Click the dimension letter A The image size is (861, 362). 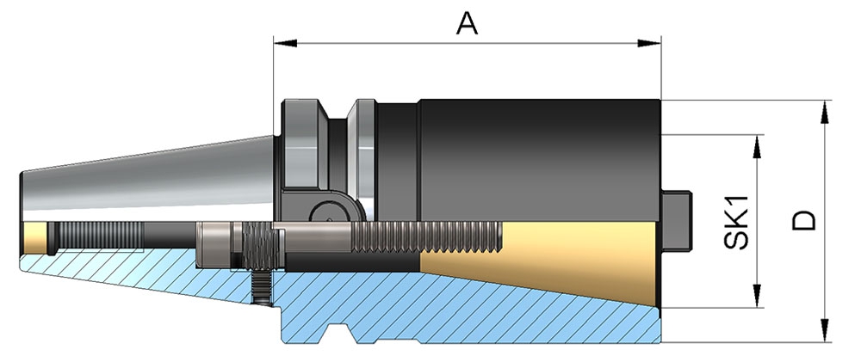(467, 23)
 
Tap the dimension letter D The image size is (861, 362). (804, 220)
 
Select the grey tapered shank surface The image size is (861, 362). (146, 181)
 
